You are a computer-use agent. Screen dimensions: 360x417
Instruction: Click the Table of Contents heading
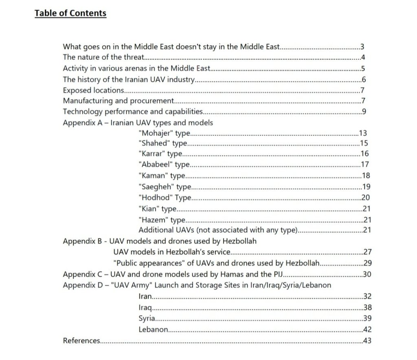coord(70,13)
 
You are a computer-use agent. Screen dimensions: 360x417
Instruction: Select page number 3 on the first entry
coord(362,47)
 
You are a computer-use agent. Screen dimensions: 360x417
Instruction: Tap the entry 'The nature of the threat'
coord(103,57)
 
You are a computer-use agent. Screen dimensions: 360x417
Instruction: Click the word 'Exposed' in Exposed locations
coord(76,90)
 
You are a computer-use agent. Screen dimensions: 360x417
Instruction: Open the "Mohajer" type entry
coord(165,133)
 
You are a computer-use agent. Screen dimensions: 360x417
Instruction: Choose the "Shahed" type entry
coord(163,143)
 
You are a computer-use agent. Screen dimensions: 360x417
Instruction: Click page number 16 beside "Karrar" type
coord(364,154)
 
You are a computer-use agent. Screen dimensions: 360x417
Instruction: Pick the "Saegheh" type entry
coord(165,187)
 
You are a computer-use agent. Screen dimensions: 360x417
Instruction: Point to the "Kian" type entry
coord(157,209)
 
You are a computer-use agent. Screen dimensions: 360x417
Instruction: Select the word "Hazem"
coord(153,220)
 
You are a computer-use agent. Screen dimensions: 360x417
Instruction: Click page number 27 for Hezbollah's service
coord(367,252)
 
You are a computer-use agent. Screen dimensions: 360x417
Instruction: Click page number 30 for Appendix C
coord(367,274)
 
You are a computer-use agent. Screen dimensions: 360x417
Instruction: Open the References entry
coord(81,340)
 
